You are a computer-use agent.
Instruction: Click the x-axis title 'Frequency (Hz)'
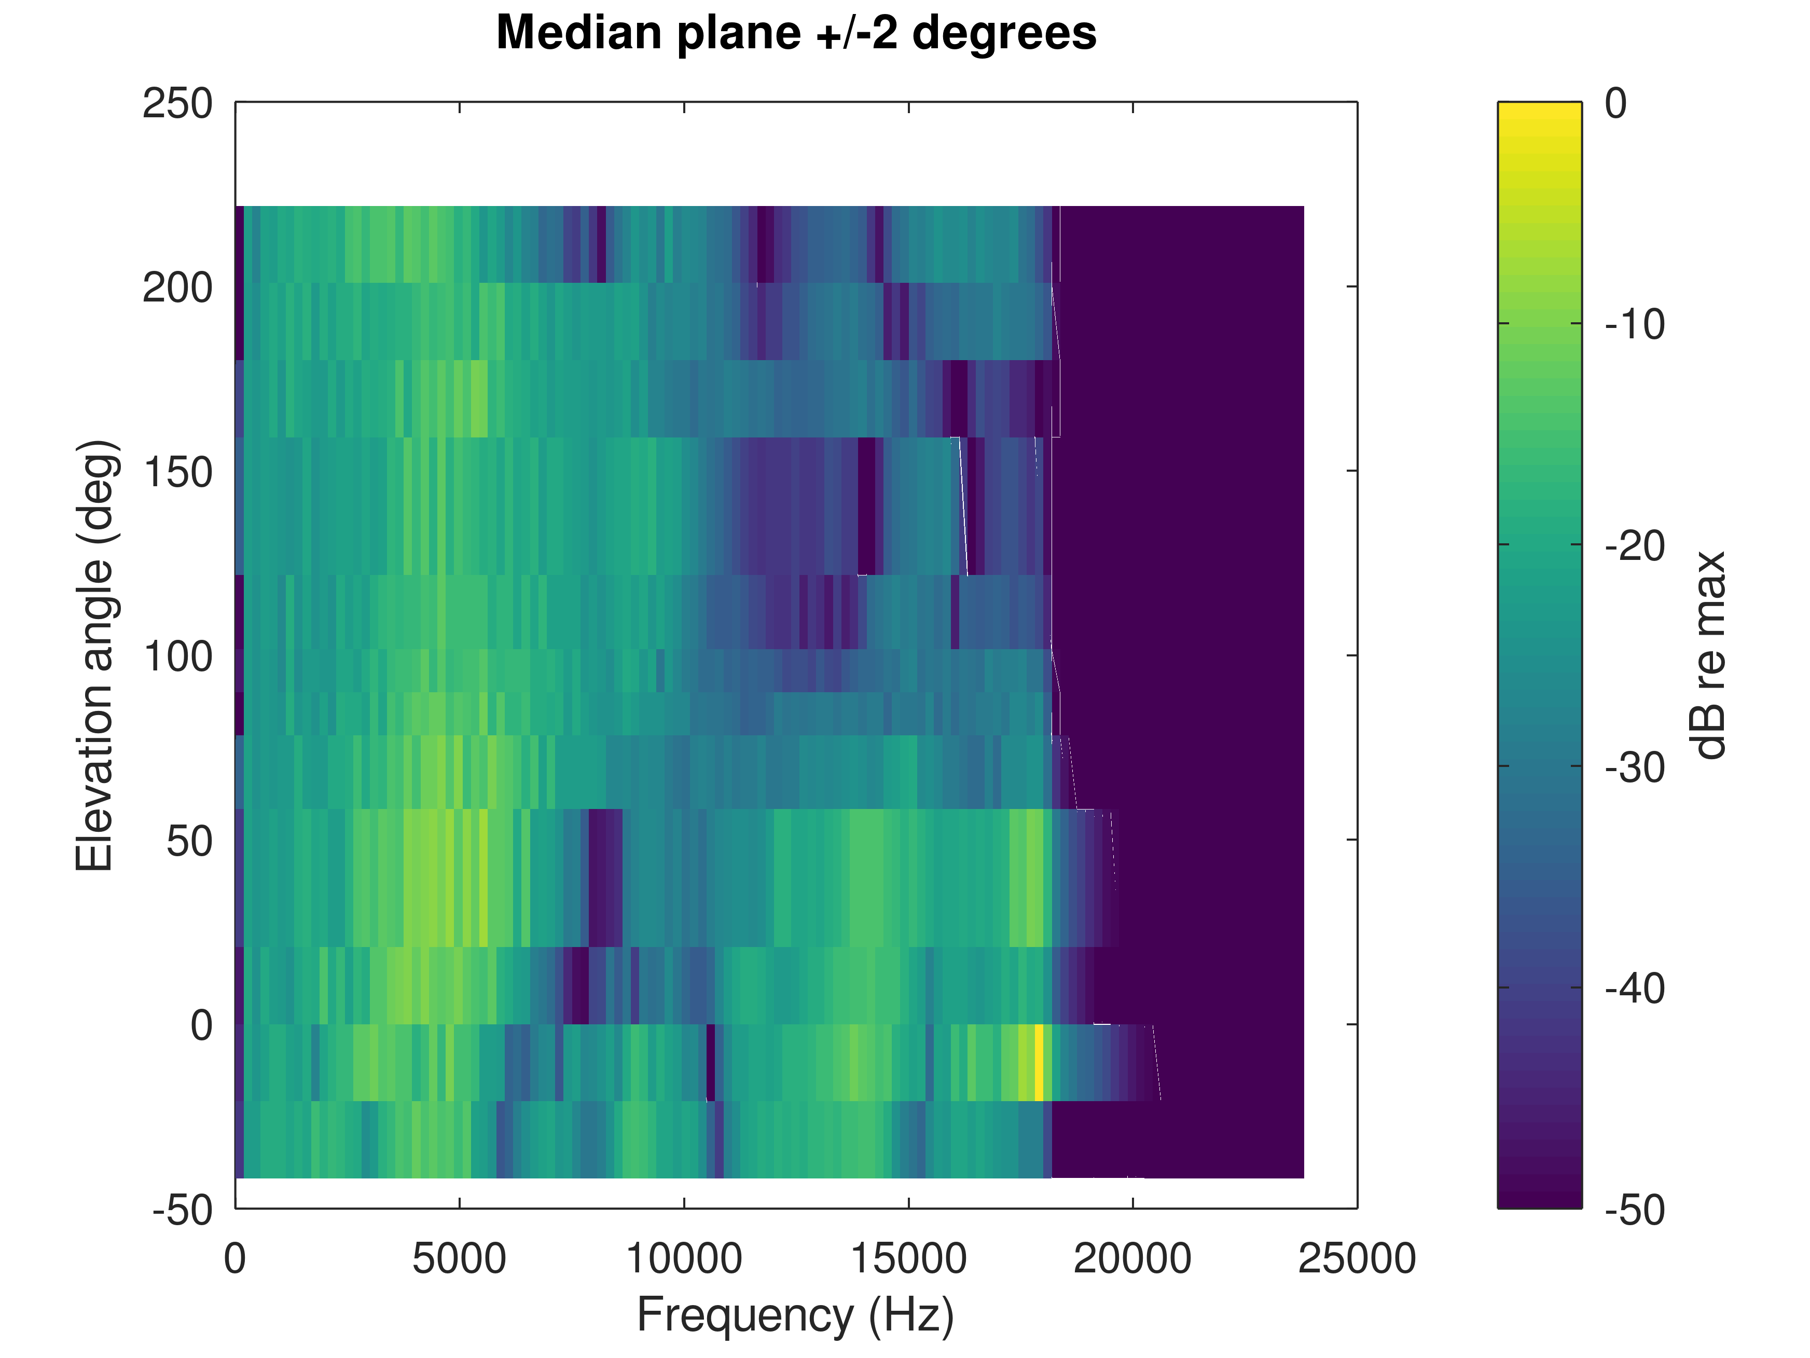(795, 1315)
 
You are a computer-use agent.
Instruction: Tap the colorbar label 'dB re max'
(1708, 655)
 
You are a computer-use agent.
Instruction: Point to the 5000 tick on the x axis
(459, 1259)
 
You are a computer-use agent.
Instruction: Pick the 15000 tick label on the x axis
(908, 1259)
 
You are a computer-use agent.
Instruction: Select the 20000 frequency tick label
(1132, 1259)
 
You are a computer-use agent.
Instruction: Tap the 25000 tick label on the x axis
(1357, 1259)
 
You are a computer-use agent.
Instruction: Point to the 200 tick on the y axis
(177, 288)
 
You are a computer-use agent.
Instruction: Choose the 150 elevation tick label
(177, 472)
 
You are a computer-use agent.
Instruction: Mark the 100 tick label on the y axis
(177, 656)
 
